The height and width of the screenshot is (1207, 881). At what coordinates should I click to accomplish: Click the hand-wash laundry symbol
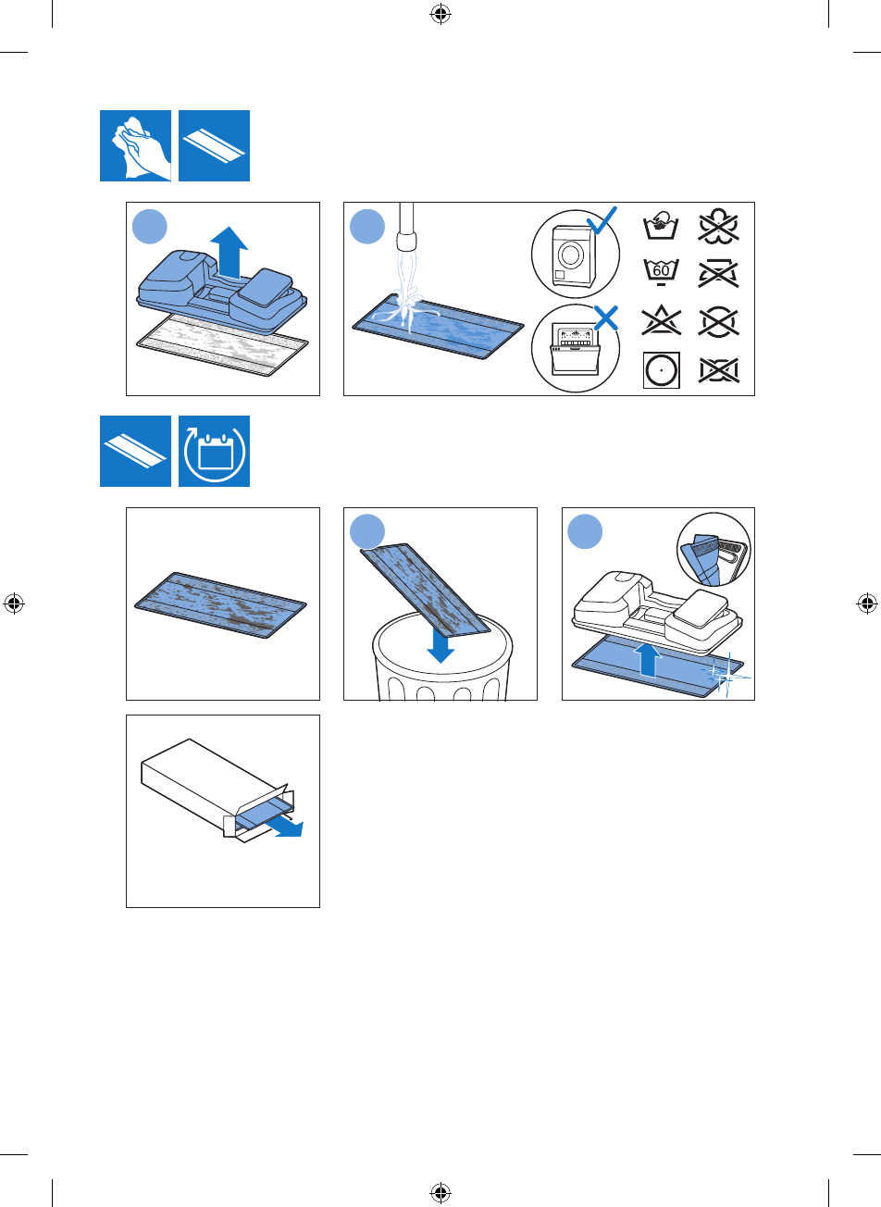pos(661,225)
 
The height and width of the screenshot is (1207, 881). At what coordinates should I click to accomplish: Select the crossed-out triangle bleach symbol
pos(661,322)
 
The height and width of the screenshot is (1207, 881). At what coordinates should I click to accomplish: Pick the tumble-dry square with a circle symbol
pos(661,370)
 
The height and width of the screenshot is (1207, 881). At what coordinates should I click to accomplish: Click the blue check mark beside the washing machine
pos(602,221)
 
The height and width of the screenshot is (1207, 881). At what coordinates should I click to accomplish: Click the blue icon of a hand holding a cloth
pos(135,145)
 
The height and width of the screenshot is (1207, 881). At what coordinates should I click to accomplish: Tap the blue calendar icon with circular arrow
pos(214,452)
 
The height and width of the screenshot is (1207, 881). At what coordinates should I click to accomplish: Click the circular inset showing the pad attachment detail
pos(713,550)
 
